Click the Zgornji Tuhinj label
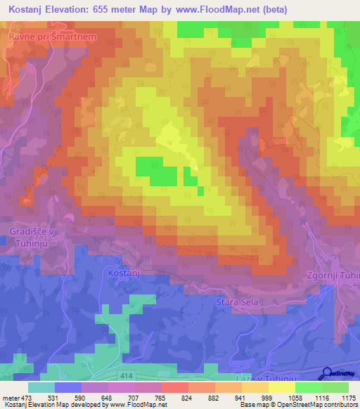(x=333, y=275)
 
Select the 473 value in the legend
(x=27, y=397)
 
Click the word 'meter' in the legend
(x=10, y=397)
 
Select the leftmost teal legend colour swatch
(x=41, y=387)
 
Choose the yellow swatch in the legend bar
(x=282, y=387)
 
